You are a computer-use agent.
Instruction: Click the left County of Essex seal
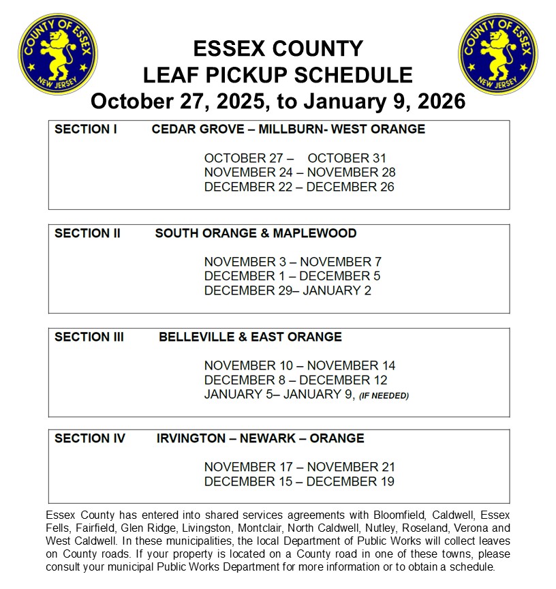[x=57, y=54]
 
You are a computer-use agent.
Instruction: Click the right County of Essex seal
[x=498, y=54]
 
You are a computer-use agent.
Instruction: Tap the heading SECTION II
[x=87, y=233]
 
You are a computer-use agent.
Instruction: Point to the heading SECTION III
[x=89, y=337]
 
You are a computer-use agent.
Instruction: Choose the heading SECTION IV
[x=90, y=438]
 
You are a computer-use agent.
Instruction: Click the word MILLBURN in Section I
[x=290, y=130]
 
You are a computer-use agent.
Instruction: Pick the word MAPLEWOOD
[x=315, y=233]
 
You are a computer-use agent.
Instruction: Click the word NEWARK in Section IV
[x=269, y=438]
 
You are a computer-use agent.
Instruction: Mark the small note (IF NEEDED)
[x=384, y=395]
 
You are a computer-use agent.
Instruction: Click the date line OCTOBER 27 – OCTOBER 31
[x=295, y=158]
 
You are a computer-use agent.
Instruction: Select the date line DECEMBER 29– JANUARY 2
[x=288, y=290]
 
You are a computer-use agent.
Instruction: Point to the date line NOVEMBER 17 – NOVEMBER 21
[x=300, y=467]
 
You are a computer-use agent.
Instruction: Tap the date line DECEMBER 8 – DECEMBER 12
[x=296, y=380]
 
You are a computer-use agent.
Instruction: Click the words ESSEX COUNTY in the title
[x=278, y=49]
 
